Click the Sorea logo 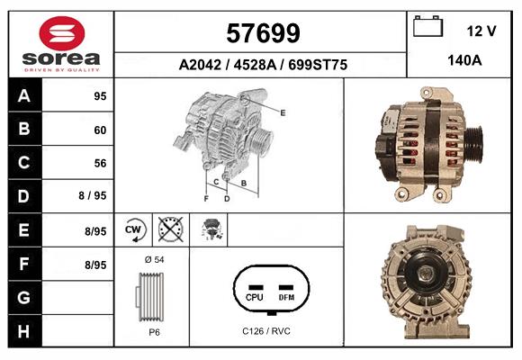click(61, 45)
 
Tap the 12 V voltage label click(481, 31)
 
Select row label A click(23, 96)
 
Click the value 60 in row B click(99, 130)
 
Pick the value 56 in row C click(99, 163)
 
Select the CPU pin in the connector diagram click(254, 296)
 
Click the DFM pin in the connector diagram click(286, 296)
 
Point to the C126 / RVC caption click(266, 331)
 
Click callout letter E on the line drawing click(283, 112)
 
